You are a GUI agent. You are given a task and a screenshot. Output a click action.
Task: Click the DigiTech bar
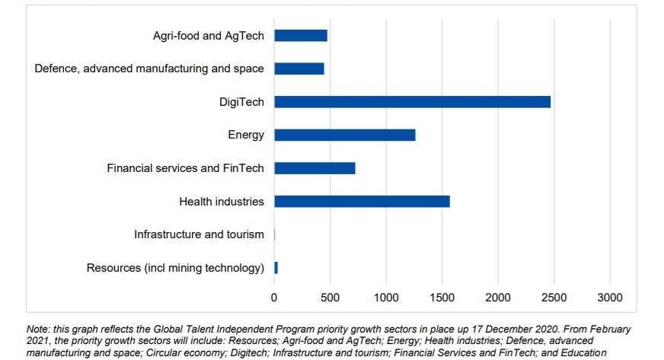(412, 102)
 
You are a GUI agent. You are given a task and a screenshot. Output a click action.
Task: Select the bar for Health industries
(362, 202)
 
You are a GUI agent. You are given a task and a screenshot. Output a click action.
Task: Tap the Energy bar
(345, 135)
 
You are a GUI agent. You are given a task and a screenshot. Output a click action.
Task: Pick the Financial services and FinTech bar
(314, 168)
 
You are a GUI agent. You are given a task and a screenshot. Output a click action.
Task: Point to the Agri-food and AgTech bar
(301, 36)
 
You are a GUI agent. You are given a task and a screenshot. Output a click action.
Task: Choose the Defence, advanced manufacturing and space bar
(299, 68)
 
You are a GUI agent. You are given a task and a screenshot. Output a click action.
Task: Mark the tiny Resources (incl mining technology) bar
(276, 268)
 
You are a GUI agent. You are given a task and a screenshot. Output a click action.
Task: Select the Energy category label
(246, 135)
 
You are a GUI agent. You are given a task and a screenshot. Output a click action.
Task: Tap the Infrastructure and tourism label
(199, 234)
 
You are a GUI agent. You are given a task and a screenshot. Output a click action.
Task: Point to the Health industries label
(222, 202)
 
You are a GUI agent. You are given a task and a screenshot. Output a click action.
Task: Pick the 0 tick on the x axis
(275, 297)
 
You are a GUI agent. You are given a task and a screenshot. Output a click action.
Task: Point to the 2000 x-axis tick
(498, 297)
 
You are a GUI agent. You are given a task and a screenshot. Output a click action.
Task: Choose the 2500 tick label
(554, 297)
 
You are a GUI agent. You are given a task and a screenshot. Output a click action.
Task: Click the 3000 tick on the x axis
(610, 297)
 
